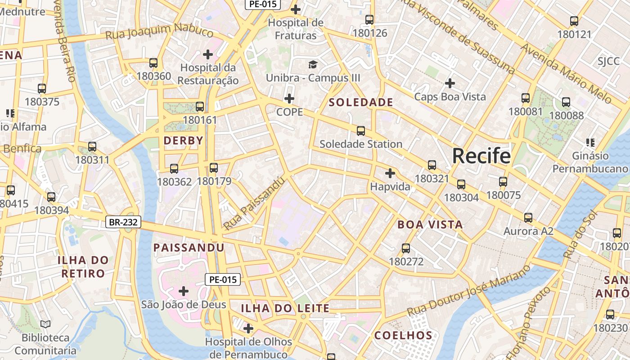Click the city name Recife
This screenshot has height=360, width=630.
[x=481, y=156]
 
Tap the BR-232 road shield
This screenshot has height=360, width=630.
[x=123, y=222]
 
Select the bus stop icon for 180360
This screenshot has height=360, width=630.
[x=153, y=63]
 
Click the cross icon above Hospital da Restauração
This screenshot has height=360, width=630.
[x=207, y=54]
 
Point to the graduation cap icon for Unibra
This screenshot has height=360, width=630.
[x=313, y=65]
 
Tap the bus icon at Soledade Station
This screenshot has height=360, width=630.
[x=360, y=131]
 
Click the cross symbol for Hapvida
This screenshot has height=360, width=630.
[x=390, y=173]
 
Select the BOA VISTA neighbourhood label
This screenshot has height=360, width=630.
[x=430, y=225]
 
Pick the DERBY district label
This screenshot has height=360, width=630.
[x=184, y=141]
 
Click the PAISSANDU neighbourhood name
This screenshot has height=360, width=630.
[x=189, y=248]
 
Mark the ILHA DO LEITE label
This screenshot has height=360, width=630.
[x=285, y=308]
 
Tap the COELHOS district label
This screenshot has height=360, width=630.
[x=403, y=335]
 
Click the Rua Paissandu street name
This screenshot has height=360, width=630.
[x=254, y=203]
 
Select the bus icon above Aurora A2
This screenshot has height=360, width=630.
[x=528, y=218]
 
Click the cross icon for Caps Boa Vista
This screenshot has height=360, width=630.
[x=450, y=83]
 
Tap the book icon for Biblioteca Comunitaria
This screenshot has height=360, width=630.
[x=45, y=324]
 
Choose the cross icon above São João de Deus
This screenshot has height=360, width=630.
[x=184, y=291]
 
